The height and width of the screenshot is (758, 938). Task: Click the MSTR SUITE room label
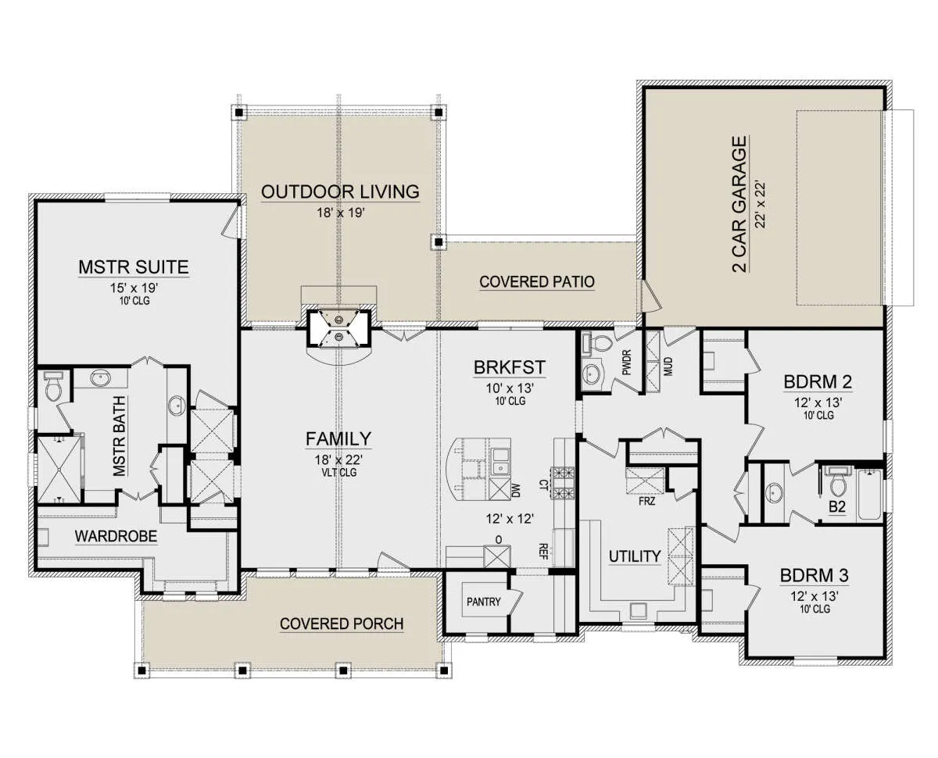pos(134,266)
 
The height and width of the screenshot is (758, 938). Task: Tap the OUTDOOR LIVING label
pos(340,191)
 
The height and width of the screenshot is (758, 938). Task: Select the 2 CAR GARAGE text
pos(739,204)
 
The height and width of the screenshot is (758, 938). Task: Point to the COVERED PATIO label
pos(537,282)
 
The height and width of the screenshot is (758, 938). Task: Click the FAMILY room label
pos(338,438)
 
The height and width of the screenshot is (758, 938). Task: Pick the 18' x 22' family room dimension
pos(338,459)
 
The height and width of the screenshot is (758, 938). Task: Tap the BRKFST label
pos(510,367)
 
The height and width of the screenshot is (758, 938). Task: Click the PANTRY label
pos(484,601)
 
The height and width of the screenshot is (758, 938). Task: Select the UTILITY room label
pos(635,556)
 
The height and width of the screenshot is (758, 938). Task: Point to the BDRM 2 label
pos(818,381)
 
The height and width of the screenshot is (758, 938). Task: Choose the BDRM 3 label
pos(814,575)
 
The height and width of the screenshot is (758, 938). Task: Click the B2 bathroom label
pos(837,506)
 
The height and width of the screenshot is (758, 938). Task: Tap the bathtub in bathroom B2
pos(869,495)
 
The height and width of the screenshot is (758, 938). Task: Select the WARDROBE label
pos(116,536)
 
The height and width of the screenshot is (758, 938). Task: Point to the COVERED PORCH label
pos(342,624)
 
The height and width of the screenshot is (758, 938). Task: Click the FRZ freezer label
pos(647,501)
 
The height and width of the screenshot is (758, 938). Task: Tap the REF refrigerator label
pos(543,551)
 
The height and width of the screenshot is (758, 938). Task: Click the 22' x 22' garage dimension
pos(761,204)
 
